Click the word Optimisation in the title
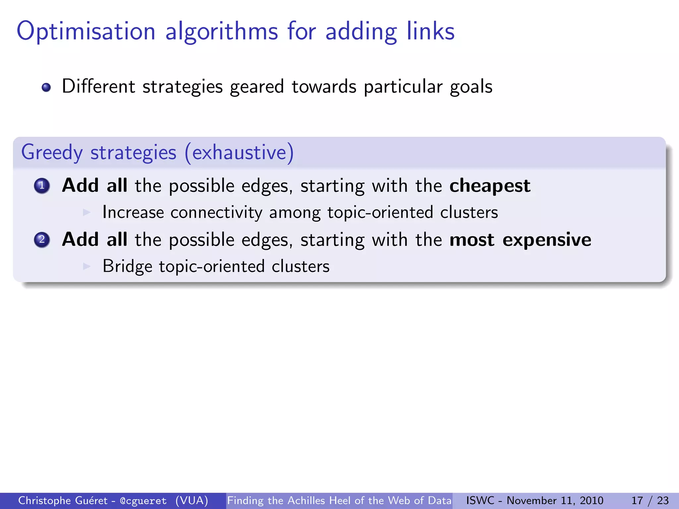86,31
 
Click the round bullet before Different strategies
46,87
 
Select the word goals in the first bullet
471,87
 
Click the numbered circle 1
42,186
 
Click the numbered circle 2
42,240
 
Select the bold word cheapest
490,186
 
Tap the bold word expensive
547,240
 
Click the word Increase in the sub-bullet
133,212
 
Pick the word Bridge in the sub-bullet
127,266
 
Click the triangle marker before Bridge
87,266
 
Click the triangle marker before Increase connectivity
87,212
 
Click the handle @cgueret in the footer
143,501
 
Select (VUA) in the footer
192,501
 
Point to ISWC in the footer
480,500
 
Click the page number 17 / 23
650,500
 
